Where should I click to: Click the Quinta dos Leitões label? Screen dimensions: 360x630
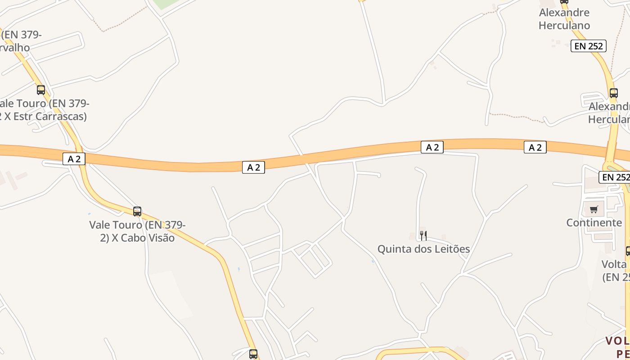(423, 249)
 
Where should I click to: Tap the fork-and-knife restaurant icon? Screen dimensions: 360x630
(423, 235)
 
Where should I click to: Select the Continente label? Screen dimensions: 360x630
(594, 223)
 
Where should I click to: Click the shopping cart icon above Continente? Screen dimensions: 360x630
(594, 209)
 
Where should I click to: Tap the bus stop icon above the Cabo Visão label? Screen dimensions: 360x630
(137, 211)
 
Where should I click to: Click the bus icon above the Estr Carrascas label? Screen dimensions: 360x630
(41, 90)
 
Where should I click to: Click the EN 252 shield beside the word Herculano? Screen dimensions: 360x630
(589, 46)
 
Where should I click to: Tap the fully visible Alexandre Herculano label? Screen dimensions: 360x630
(564, 19)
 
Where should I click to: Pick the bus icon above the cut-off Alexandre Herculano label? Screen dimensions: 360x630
(614, 93)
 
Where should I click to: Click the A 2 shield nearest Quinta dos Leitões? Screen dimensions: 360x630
(432, 147)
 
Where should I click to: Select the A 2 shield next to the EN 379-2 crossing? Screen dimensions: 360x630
(74, 158)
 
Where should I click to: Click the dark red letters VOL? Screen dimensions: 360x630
(617, 341)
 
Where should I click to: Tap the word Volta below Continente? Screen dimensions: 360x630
(614, 264)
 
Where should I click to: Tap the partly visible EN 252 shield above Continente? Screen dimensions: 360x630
(614, 177)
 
